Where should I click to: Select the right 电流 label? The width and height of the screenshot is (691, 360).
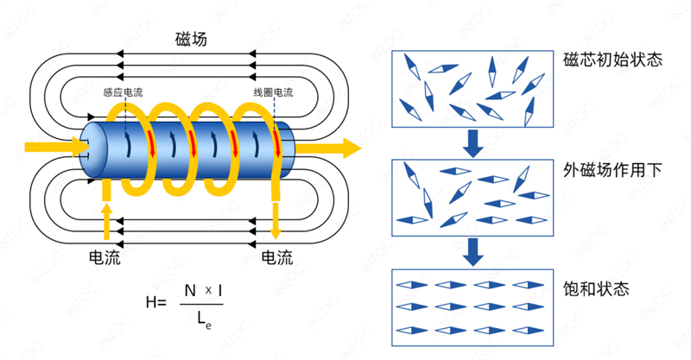coord(276,257)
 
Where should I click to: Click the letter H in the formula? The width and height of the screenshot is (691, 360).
coord(152,301)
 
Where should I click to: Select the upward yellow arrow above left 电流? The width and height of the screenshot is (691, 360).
coord(106,212)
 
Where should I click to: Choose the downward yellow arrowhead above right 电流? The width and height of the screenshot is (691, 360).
coord(276,231)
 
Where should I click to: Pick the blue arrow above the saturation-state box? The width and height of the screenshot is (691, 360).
coord(472,252)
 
